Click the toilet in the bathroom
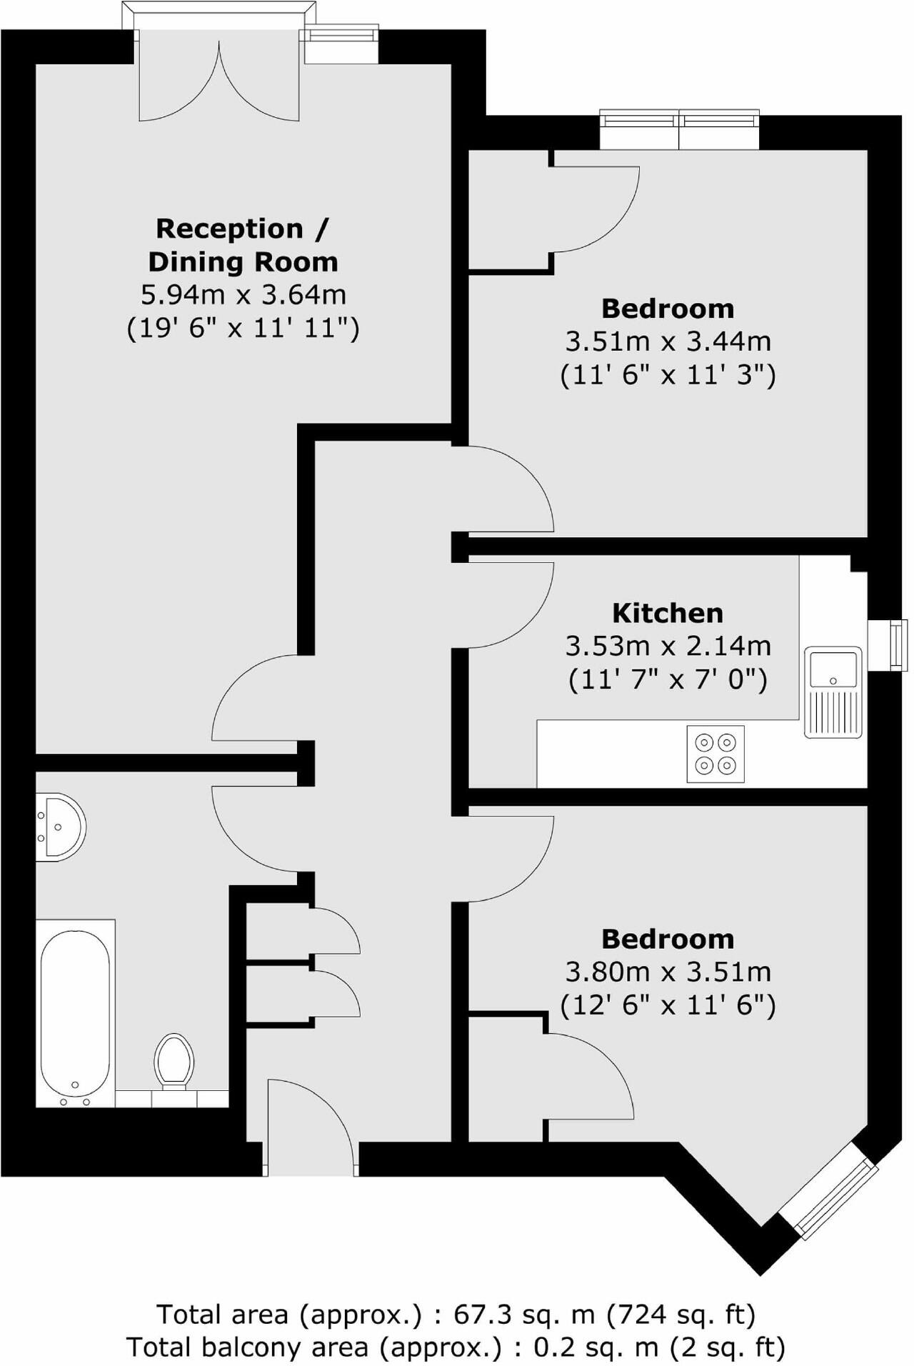click(x=174, y=1061)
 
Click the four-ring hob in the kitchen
click(x=715, y=754)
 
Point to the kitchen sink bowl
click(x=833, y=668)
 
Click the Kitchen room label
click(x=668, y=613)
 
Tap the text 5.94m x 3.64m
click(x=243, y=294)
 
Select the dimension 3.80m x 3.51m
click(x=668, y=972)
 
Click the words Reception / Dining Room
click(x=243, y=245)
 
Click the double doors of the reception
click(x=219, y=82)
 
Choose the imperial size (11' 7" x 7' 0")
click(x=668, y=679)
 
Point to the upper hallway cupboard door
click(x=336, y=932)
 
